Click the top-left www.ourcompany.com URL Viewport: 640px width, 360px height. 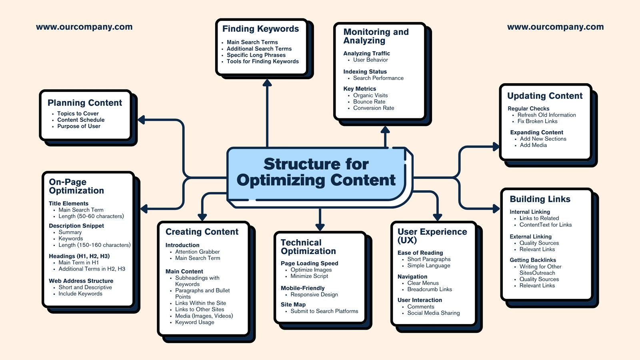84,27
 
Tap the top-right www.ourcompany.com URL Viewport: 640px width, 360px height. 556,27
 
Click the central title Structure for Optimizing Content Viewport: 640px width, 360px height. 316,172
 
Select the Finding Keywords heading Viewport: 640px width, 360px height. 260,28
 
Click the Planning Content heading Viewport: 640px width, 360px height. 85,102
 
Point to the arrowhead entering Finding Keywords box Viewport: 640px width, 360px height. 267,83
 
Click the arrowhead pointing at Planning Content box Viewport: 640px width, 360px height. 142,120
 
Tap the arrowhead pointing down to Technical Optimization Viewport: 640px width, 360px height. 320,227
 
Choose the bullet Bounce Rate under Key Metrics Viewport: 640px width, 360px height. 369,102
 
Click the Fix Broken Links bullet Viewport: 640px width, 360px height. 538,121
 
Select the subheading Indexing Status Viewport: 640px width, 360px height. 365,72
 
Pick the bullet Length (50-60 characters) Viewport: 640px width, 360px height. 91,216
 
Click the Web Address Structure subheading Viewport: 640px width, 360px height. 81,281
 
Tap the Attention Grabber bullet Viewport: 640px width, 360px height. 198,252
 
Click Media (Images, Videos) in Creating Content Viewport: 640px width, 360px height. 204,316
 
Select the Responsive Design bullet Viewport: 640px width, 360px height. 314,294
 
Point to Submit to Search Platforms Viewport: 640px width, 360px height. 324,311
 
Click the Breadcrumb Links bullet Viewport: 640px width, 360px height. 430,290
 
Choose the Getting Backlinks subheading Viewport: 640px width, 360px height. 533,260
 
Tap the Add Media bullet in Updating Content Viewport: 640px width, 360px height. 534,145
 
